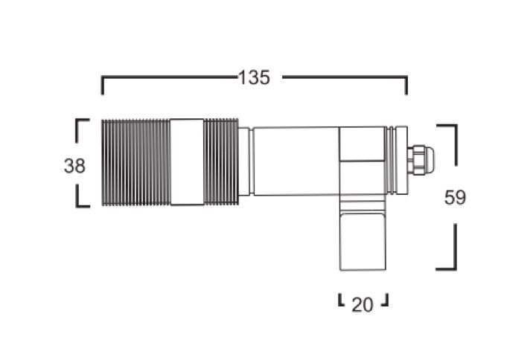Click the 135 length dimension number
click(254, 77)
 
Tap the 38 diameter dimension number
click(74, 166)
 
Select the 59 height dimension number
click(455, 198)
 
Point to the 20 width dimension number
click(363, 305)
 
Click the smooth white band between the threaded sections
click(188, 162)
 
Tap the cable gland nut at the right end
click(421, 160)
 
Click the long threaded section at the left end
click(136, 162)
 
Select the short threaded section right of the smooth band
click(221, 162)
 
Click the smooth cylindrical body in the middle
click(296, 161)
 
